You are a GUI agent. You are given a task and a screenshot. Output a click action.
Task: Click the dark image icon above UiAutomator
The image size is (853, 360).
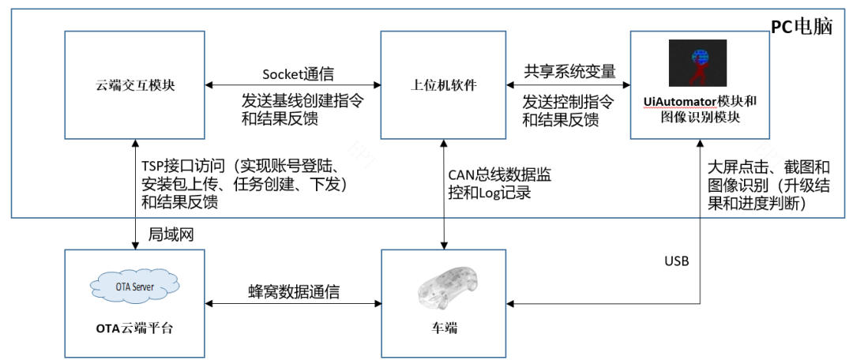click(697, 63)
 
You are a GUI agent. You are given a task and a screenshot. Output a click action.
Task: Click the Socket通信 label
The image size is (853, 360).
click(298, 74)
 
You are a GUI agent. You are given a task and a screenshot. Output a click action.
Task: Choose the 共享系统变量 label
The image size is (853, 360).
click(569, 70)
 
